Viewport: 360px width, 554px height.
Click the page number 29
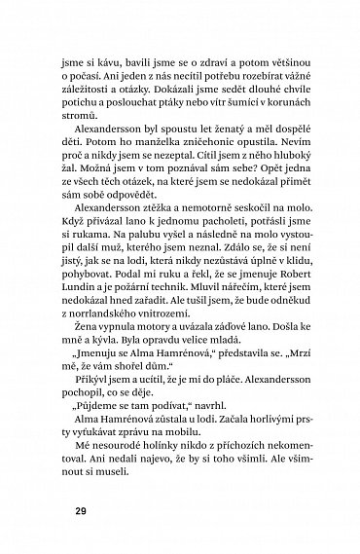(67, 507)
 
